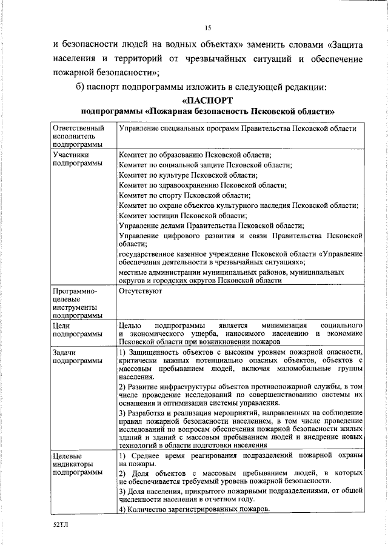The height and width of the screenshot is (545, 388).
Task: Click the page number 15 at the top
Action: point(207,27)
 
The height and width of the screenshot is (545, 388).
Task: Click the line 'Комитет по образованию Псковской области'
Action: point(195,155)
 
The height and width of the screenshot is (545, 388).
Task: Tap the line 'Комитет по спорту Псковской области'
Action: point(184,196)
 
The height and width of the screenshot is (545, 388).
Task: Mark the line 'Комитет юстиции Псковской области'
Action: point(183,216)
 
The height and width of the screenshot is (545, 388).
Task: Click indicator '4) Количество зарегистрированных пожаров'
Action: point(193,509)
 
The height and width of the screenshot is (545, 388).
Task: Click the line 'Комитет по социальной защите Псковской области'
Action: point(205,165)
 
